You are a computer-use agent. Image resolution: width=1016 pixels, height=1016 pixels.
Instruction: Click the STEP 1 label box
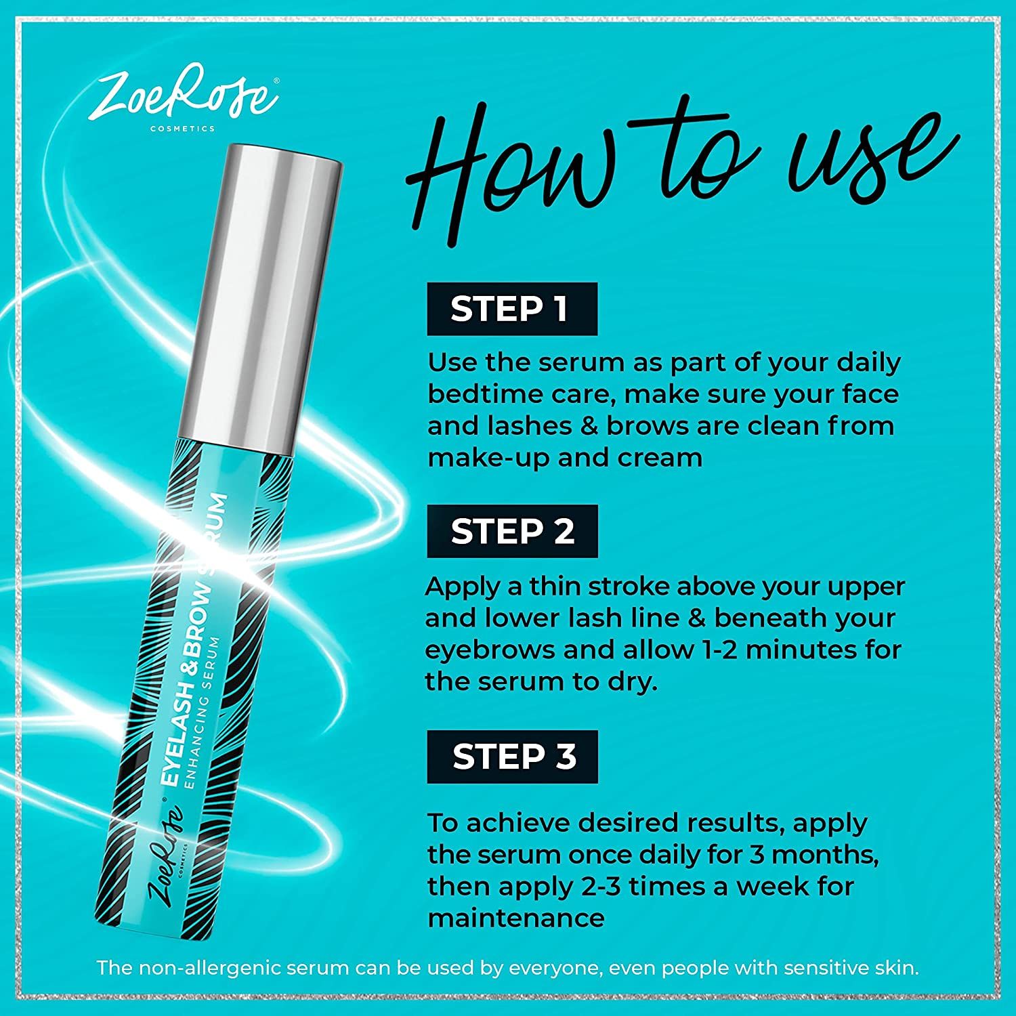(x=512, y=309)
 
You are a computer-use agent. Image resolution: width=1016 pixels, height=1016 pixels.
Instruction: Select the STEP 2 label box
(x=512, y=531)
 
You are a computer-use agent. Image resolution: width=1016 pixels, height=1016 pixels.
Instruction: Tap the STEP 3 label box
(x=512, y=757)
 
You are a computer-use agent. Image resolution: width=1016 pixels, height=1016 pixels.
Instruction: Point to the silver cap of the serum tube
(x=261, y=291)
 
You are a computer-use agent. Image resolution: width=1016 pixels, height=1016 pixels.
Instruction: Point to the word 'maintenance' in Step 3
(x=515, y=918)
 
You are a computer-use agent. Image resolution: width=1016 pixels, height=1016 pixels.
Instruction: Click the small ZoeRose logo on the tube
(x=167, y=858)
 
